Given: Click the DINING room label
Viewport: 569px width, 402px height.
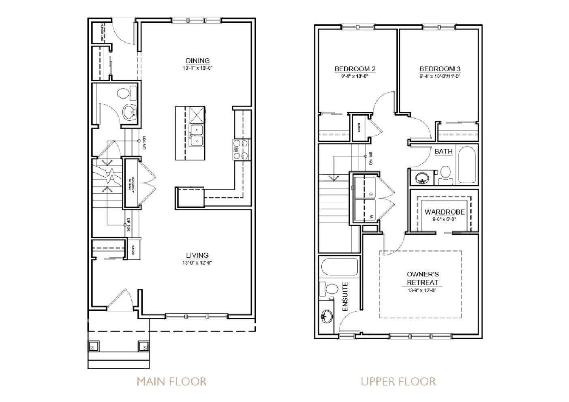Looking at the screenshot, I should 197,61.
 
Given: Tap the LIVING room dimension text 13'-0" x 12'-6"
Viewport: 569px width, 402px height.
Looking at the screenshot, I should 197,263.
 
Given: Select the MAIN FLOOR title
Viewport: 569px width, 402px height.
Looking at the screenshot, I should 171,381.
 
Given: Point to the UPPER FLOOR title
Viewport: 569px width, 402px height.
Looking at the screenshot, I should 398,381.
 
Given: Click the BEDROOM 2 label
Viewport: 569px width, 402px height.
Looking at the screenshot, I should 355,69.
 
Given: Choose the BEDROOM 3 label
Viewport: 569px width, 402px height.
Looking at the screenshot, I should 440,69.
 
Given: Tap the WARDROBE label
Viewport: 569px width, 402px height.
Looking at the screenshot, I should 445,212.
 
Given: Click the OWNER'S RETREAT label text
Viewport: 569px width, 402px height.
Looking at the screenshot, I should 423,278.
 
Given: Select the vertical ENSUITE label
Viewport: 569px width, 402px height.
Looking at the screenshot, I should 346,297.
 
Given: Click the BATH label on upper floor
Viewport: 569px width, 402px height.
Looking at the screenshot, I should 443,152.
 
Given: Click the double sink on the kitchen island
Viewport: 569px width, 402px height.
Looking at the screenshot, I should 197,135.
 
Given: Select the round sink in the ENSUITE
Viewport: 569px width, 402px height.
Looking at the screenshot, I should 326,316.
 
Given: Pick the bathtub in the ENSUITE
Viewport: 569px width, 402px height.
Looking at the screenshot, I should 340,267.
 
